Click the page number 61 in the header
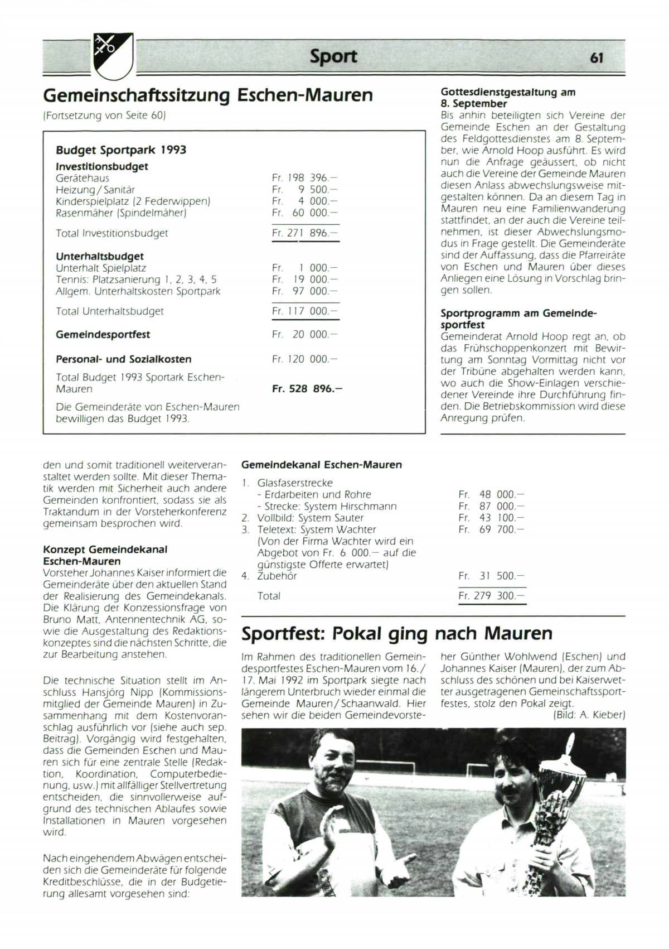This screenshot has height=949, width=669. [x=596, y=57]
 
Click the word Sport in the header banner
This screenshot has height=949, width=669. [x=333, y=56]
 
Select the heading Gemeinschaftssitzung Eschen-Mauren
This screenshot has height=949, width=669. [x=208, y=95]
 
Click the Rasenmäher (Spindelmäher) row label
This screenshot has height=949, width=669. [x=121, y=213]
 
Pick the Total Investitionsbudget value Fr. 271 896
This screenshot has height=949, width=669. [x=304, y=233]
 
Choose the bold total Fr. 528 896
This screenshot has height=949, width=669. [x=307, y=388]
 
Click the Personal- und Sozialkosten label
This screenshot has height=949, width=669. [x=123, y=359]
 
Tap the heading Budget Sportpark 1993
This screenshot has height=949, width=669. [x=121, y=150]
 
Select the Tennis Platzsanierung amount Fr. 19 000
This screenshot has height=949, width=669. [x=304, y=280]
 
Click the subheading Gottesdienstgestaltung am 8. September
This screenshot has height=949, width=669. [x=507, y=98]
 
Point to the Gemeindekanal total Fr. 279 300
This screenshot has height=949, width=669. [x=491, y=596]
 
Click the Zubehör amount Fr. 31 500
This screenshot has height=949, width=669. [x=491, y=576]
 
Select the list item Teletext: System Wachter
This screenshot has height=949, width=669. [x=316, y=529]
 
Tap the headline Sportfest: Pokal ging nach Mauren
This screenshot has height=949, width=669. [x=397, y=634]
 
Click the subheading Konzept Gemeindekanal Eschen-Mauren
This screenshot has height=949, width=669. [x=105, y=555]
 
